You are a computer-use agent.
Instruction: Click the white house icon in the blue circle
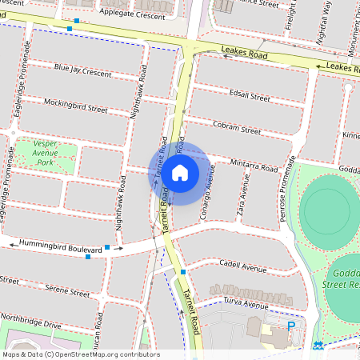[x=180, y=172]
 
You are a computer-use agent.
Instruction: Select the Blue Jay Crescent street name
[x=83, y=71]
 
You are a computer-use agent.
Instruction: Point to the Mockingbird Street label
[x=76, y=106]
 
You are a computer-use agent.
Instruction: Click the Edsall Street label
[x=249, y=95]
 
